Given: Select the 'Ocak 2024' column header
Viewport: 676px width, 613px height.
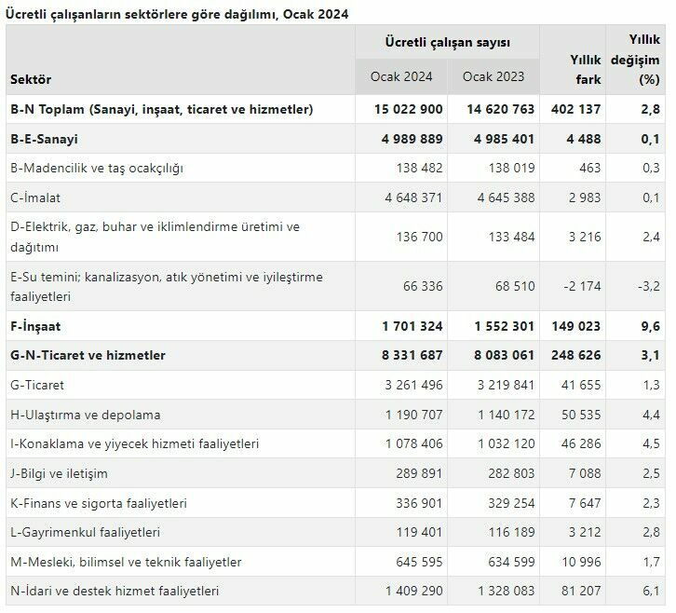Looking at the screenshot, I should [400, 76].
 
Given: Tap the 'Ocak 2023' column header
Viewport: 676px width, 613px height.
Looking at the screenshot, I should [493, 76].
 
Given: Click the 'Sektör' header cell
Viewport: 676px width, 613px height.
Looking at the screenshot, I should [31, 79].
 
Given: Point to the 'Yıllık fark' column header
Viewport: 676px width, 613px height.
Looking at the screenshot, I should [586, 69].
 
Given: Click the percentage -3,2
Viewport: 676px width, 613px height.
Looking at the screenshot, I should [646, 285].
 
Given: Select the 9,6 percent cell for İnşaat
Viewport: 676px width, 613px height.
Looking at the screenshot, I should [650, 327].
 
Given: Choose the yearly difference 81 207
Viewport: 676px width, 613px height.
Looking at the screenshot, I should [582, 591].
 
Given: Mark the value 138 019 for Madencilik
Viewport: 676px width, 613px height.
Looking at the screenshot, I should [506, 168].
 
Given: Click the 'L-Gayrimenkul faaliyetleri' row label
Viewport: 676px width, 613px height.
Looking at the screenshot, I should [86, 532].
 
